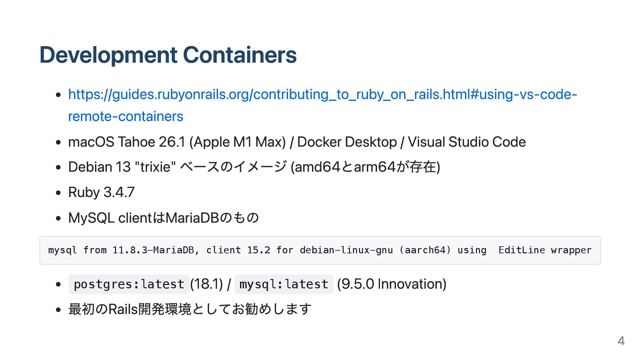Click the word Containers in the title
240,55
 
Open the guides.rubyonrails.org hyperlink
322,95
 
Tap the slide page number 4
621,341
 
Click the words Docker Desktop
347,142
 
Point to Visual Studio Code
467,142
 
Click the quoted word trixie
155,167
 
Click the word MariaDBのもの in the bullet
212,218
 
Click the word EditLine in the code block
521,250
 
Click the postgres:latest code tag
129,284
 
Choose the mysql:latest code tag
284,284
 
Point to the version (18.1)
206,284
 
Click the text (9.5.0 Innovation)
392,284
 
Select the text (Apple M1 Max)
237,142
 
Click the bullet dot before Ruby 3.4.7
59,193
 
